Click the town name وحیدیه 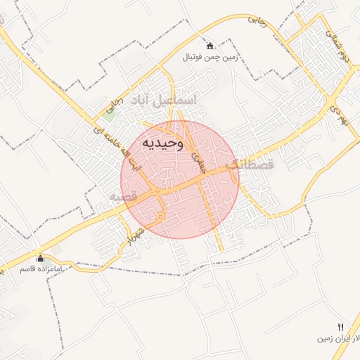pyautogui.click(x=163, y=143)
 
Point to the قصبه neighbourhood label pyautogui.click(x=121, y=198)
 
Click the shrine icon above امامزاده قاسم pyautogui.click(x=40, y=258)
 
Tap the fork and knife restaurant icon pyautogui.click(x=341, y=327)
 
